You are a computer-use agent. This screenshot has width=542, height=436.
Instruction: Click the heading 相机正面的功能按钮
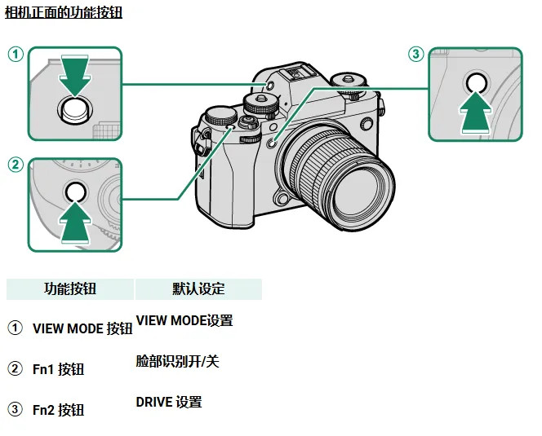tap(64, 13)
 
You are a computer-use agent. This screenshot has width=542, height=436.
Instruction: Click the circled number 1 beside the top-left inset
tap(15, 55)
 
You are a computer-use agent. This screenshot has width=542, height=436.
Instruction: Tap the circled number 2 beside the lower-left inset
tap(15, 165)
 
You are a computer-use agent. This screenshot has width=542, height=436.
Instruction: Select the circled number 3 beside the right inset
tap(416, 55)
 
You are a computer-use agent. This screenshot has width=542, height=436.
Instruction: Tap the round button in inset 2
tap(74, 192)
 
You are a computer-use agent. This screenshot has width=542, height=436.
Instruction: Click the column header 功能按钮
tap(70, 288)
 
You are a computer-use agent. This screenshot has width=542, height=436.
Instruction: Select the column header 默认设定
tap(198, 288)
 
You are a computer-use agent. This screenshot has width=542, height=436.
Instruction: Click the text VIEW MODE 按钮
tap(82, 329)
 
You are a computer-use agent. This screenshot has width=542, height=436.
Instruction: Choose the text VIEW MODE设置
tap(184, 321)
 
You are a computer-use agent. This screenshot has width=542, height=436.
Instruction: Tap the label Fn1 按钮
tap(58, 369)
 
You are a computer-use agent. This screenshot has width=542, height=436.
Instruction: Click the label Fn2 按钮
tap(58, 410)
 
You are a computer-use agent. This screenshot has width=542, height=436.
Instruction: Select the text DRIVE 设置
tap(169, 402)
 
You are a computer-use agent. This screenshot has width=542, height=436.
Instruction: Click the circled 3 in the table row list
tap(15, 409)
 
